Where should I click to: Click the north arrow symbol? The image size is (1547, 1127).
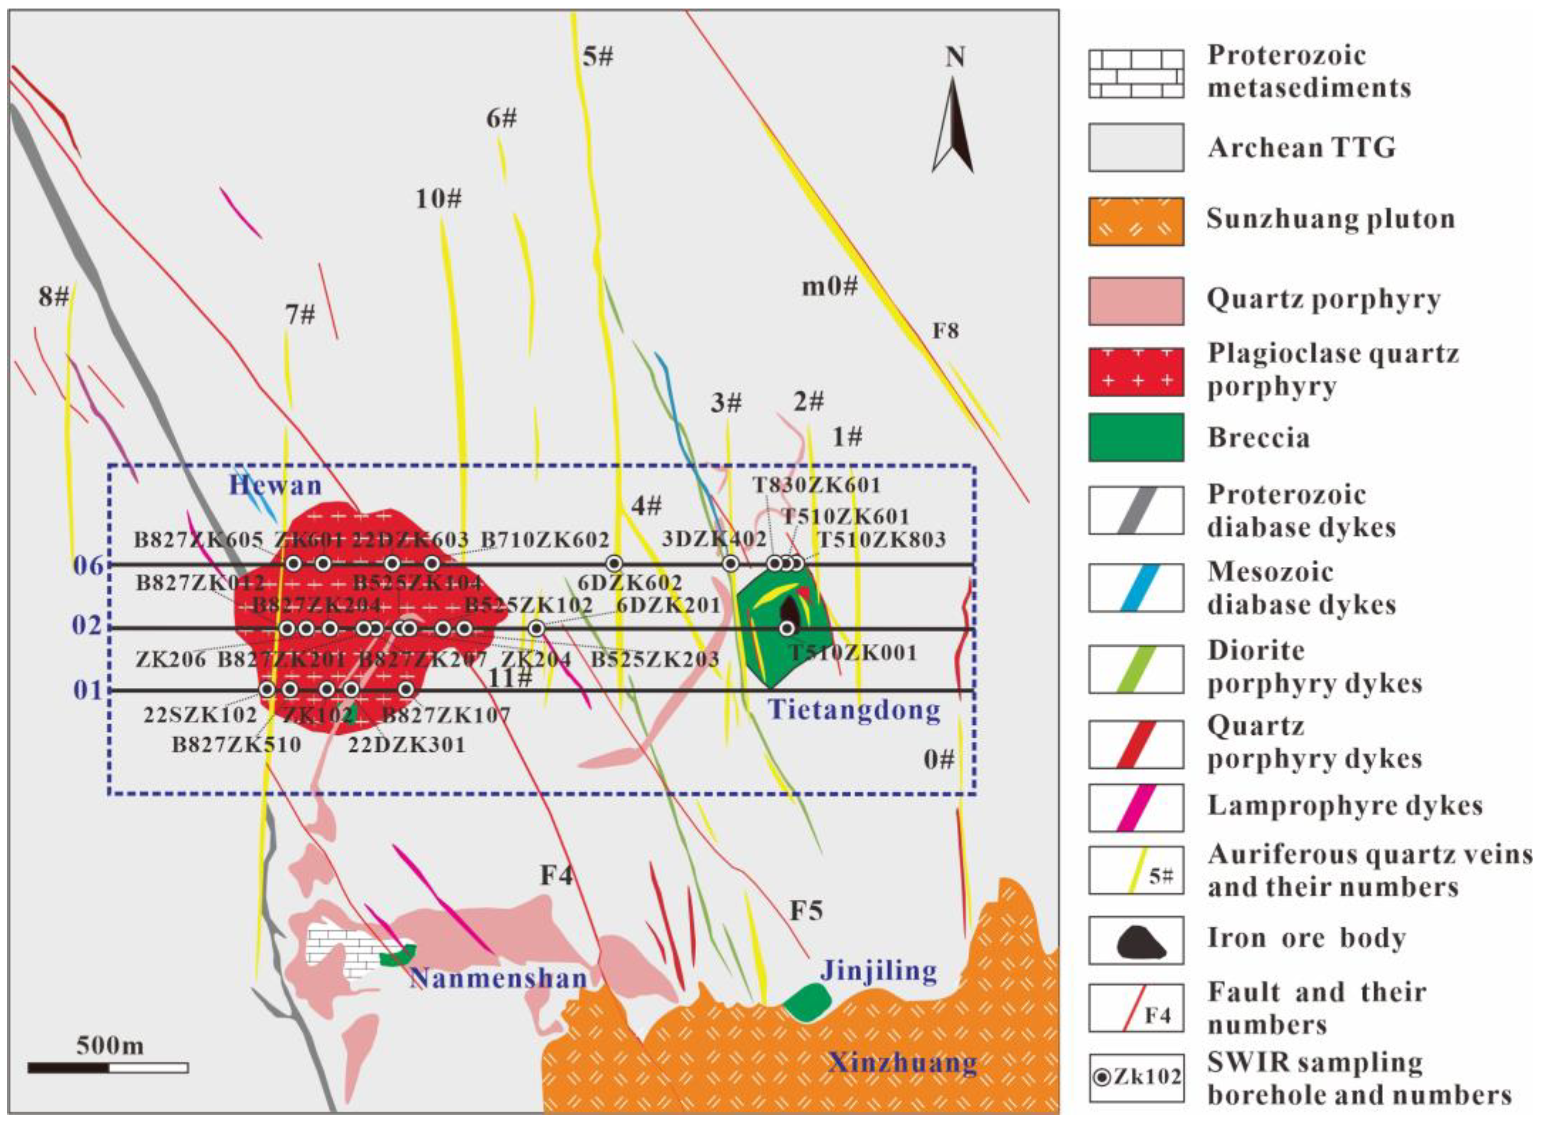953,126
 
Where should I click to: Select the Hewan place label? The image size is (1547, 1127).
275,486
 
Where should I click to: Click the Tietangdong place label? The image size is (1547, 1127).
854,710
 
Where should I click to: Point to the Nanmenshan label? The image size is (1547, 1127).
499,978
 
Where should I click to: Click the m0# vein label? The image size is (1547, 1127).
829,287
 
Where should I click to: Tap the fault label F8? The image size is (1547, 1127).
945,332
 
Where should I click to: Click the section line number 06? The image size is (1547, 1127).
89,566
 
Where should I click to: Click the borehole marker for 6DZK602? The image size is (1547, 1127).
614,564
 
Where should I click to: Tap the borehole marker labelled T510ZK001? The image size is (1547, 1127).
788,628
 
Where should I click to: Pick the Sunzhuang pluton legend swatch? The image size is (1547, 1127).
1136,221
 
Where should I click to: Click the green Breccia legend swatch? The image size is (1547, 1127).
1136,437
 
